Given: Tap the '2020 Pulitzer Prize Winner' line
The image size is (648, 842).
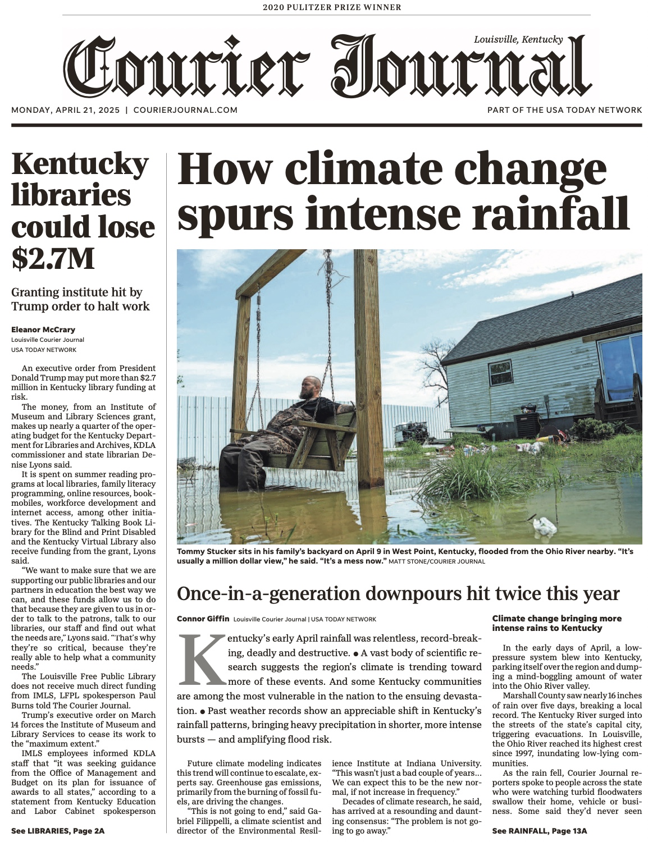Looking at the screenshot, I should pyautogui.click(x=332, y=7).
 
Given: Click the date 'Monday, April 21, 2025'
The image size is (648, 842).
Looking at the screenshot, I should pyautogui.click(x=66, y=110).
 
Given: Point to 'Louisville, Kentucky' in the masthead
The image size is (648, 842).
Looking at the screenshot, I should pyautogui.click(x=518, y=39).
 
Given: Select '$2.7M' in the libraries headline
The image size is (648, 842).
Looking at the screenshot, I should pyautogui.click(x=53, y=257).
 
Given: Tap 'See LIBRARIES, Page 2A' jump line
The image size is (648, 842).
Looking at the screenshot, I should pyautogui.click(x=58, y=830).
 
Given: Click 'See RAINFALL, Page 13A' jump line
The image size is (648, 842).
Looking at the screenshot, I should pyautogui.click(x=539, y=830).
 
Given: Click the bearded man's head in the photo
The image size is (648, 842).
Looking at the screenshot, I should pyautogui.click(x=310, y=387).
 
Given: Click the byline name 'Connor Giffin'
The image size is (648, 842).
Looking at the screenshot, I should pyautogui.click(x=203, y=619).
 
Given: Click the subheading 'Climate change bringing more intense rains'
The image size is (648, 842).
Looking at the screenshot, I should pyautogui.click(x=556, y=623).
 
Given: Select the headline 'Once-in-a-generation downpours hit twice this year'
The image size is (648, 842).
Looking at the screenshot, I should pyautogui.click(x=398, y=593).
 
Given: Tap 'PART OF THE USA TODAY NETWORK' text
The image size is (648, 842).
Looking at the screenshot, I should pyautogui.click(x=564, y=110).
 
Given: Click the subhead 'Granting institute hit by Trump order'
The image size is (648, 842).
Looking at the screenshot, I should pyautogui.click(x=80, y=299).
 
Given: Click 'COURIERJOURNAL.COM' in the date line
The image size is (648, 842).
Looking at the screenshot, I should pyautogui.click(x=185, y=110).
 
